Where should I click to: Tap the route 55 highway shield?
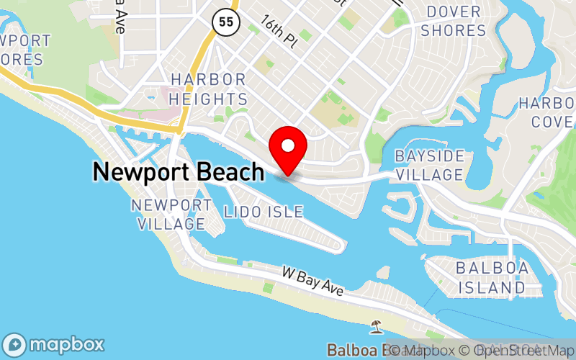click(x=225, y=22)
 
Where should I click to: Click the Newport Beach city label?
click(x=178, y=172)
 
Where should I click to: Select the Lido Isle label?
click(x=263, y=212)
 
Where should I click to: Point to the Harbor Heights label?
click(x=209, y=89)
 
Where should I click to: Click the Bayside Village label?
click(x=428, y=166)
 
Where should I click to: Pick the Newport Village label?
click(x=171, y=215)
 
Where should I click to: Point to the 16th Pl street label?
click(x=279, y=33)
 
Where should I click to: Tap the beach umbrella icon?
click(x=376, y=328)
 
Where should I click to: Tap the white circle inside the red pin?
click(x=288, y=145)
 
